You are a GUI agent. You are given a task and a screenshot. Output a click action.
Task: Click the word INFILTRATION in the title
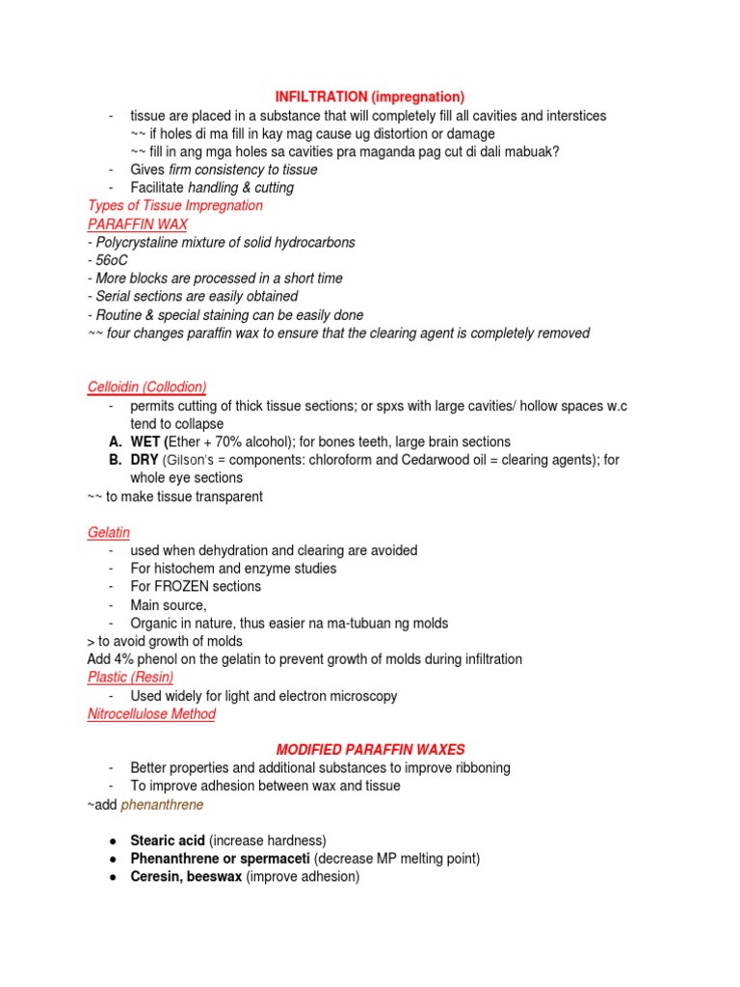tap(321, 97)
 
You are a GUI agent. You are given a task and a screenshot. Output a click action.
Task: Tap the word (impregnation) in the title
tap(417, 97)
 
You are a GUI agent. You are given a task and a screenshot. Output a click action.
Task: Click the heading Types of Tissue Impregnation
tap(174, 205)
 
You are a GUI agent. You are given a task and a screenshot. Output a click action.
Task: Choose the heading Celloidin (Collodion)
tap(146, 387)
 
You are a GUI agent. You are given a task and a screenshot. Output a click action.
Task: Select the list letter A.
tap(115, 442)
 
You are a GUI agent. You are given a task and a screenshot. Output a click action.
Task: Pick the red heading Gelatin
tap(108, 532)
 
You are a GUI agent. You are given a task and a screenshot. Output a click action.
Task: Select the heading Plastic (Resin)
tap(130, 678)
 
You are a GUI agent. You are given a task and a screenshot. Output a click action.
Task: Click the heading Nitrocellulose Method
tap(151, 714)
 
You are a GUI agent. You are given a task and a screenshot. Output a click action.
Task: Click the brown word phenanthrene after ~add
tap(162, 805)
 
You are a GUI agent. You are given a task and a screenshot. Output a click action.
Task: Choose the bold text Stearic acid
tap(168, 840)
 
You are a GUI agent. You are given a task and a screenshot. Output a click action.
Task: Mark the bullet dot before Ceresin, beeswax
tap(113, 877)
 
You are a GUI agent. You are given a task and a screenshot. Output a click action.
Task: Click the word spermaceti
tap(277, 859)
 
